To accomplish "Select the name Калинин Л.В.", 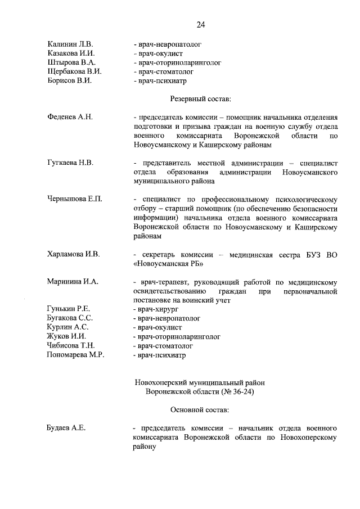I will [70, 44].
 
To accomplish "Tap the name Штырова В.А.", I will [71, 62].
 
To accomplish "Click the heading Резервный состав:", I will [200, 99].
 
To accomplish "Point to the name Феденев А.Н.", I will [70, 117].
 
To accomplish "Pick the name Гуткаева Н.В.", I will [70, 163].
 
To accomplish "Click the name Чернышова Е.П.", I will [74, 199].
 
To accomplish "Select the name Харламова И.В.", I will [73, 254].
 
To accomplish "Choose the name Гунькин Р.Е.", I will [69, 309].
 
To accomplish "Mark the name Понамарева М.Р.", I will [75, 355].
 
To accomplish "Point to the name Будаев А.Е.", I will [66, 428].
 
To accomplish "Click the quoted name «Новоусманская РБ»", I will [169, 264].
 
